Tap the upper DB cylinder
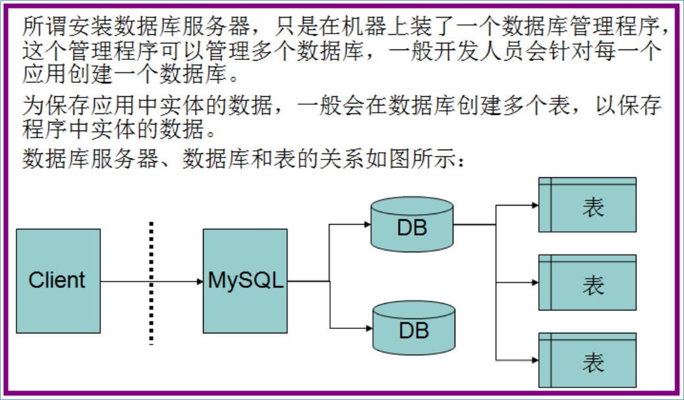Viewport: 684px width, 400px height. [412, 224]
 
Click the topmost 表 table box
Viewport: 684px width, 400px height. [588, 205]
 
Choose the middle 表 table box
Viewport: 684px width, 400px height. [588, 283]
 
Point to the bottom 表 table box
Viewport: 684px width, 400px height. [588, 360]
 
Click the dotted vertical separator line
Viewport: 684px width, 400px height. [151, 283]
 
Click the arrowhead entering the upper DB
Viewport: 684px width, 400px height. [368, 224]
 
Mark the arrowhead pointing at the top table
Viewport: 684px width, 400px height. [535, 205]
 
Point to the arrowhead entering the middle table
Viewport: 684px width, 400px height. [535, 283]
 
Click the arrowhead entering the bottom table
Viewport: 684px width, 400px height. [535, 360]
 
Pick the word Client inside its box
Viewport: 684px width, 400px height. [57, 280]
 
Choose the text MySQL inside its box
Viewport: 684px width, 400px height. [245, 280]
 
